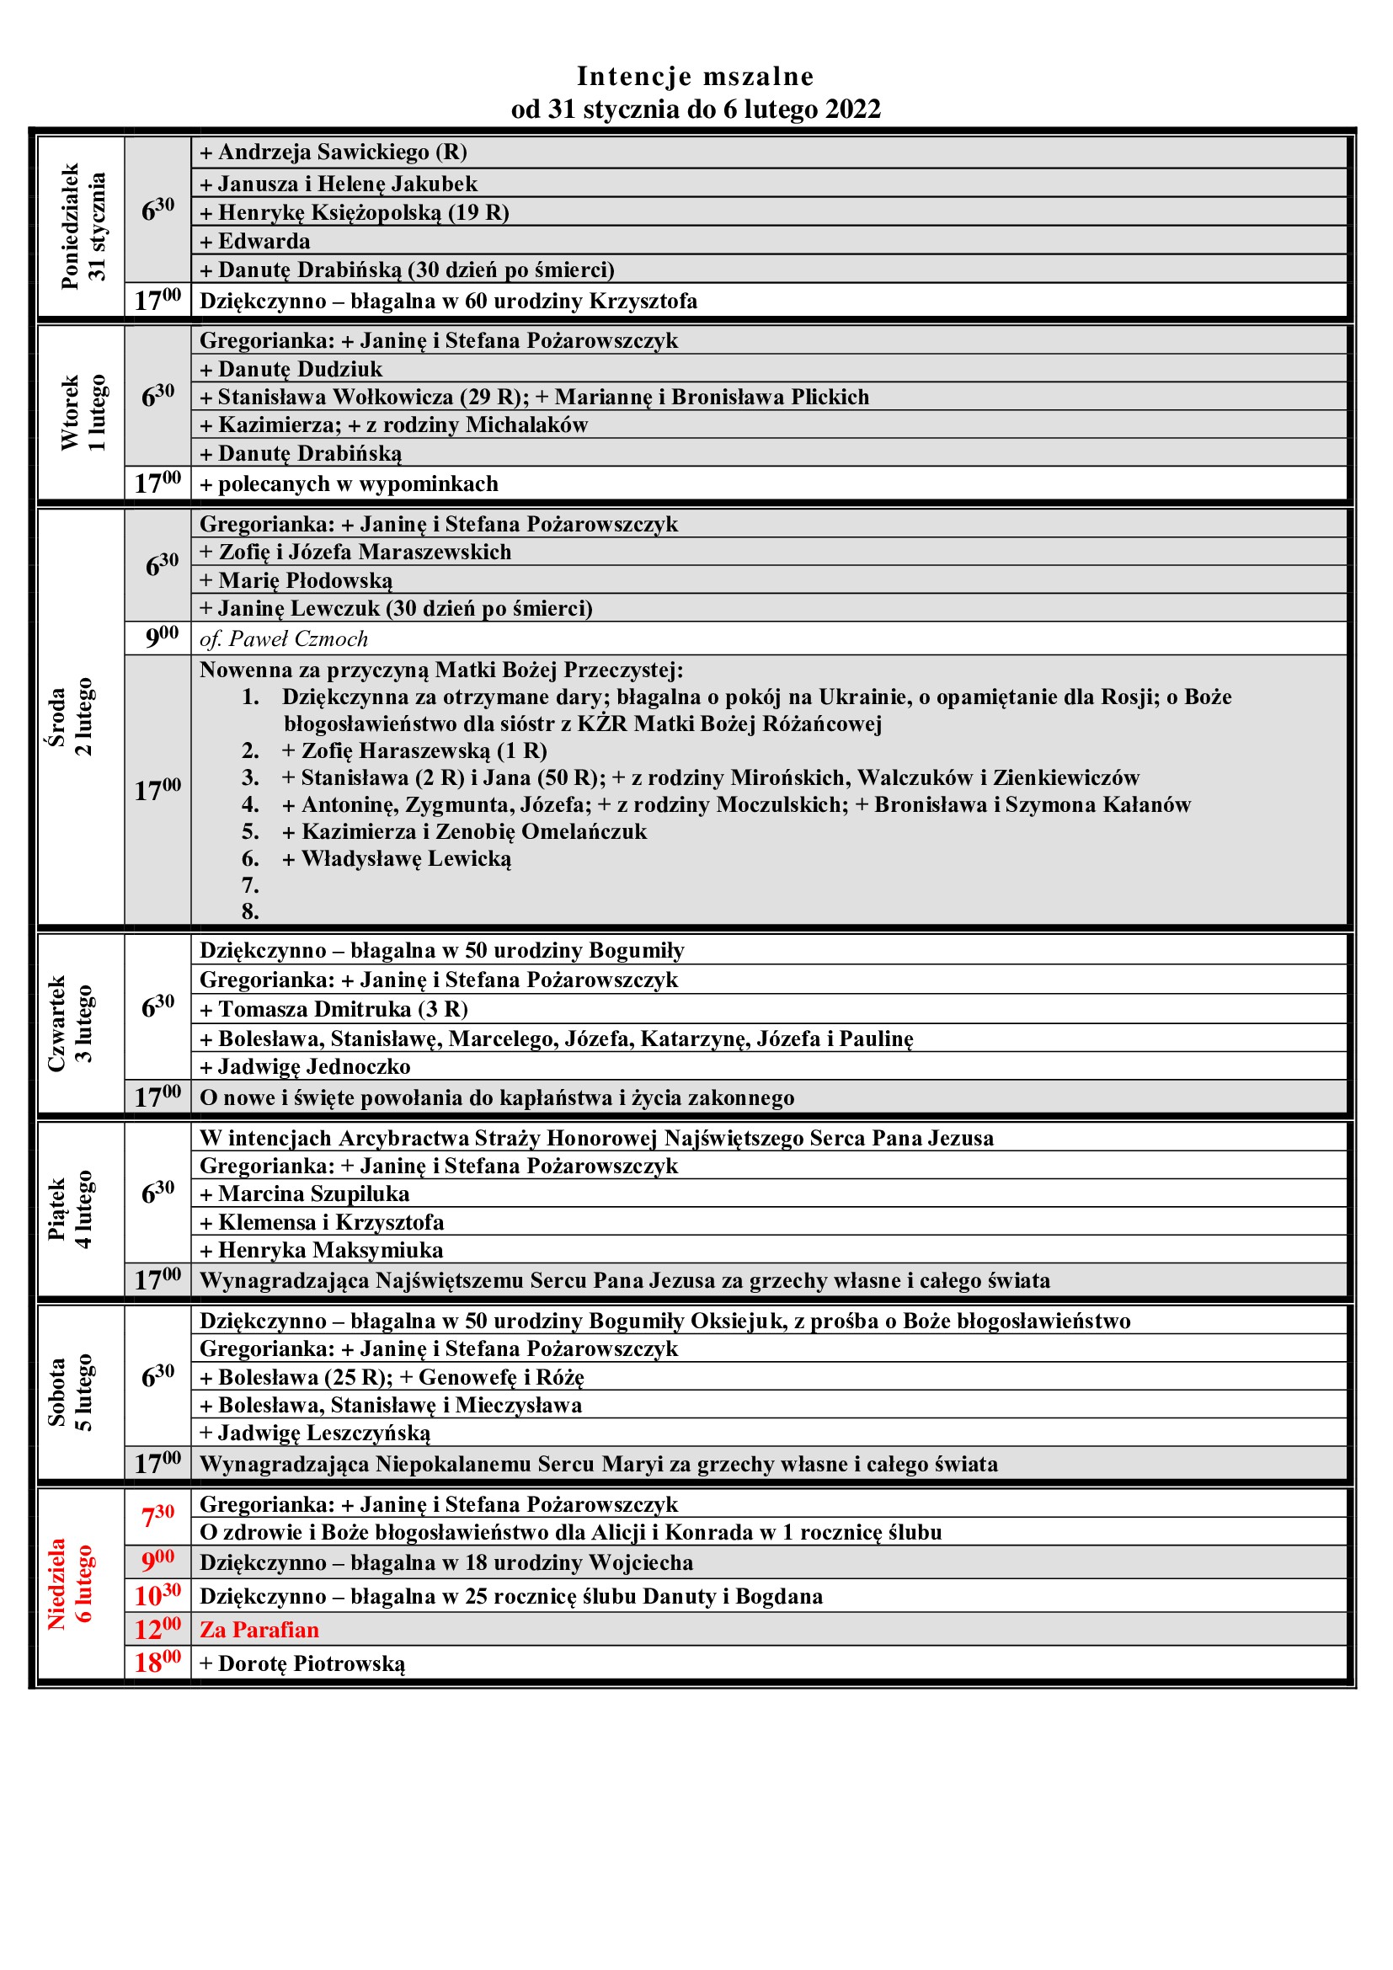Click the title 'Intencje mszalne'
[x=695, y=77]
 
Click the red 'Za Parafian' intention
[x=259, y=1629]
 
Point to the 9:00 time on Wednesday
[x=161, y=638]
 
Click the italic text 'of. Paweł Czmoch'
[x=284, y=638]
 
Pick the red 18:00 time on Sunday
[x=157, y=1662]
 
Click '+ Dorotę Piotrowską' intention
[x=302, y=1663]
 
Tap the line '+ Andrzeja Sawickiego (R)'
[x=334, y=152]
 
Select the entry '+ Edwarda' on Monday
[x=256, y=240]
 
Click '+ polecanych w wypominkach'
[x=350, y=483]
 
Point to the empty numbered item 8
[x=250, y=910]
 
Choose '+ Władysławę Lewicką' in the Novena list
[x=406, y=858]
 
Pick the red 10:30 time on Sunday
[x=157, y=1595]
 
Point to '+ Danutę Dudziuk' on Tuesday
[x=291, y=368]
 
